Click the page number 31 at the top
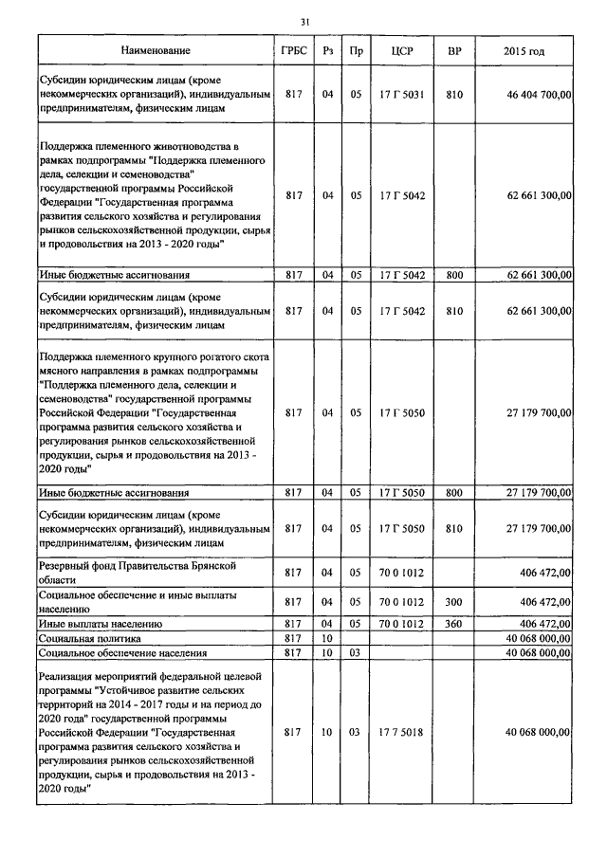[304, 22]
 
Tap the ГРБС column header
[293, 50]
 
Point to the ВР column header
[454, 50]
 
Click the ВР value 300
[454, 601]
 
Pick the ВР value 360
[454, 624]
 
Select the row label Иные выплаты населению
[101, 624]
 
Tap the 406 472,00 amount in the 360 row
[545, 624]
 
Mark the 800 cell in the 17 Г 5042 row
[454, 274]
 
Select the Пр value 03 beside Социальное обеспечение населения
[356, 653]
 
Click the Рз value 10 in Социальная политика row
[327, 640]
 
